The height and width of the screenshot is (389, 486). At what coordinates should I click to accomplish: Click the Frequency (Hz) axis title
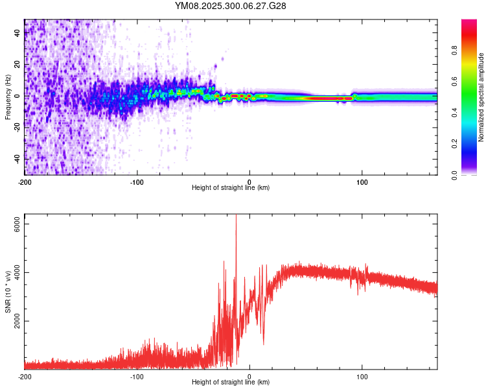coord(8,97)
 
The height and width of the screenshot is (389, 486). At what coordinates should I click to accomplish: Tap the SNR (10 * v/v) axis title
coord(8,292)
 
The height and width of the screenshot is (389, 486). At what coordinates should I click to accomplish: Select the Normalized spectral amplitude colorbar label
coord(481,97)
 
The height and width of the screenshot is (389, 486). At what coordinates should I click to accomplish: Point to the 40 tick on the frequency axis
coord(17,34)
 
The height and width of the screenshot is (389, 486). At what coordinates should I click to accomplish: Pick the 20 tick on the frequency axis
coord(17,65)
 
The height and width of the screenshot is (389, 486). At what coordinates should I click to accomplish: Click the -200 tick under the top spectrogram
coord(25,182)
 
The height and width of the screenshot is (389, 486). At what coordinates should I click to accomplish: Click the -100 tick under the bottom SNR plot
coord(137,376)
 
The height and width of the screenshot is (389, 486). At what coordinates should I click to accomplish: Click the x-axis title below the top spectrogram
coord(231,187)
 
